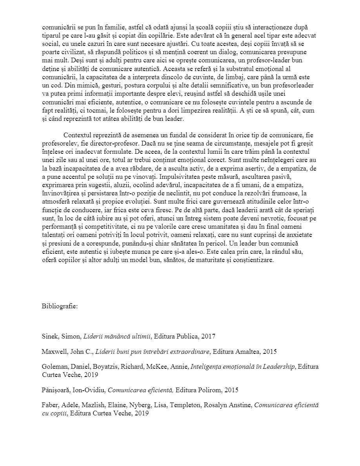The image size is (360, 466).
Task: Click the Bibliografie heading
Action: click(60, 306)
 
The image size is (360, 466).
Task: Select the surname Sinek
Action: click(50, 336)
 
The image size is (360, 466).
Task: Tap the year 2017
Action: click(209, 336)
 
